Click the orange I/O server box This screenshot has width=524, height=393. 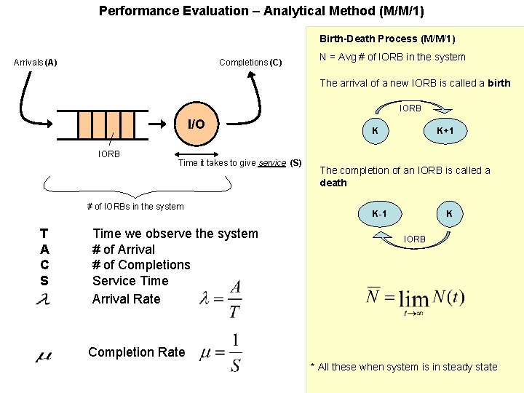[196, 124]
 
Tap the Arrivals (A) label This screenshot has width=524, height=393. [36, 62]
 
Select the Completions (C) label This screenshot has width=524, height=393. [250, 62]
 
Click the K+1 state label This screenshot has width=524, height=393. [445, 130]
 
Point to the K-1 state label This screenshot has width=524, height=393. [379, 214]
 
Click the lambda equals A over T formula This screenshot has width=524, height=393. [221, 294]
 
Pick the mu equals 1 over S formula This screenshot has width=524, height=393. [221, 352]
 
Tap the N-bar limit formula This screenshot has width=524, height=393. [416, 298]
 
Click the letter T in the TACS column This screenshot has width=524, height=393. [44, 234]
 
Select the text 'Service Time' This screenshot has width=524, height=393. [130, 281]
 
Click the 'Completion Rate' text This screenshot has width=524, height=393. [137, 352]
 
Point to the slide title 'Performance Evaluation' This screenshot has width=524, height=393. [261, 11]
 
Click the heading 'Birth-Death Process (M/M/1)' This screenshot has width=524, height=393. [387, 39]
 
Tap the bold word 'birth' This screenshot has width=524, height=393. [499, 83]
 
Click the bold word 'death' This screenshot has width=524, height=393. [333, 183]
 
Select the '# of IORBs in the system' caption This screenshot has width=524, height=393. [135, 207]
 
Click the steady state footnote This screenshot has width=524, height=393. [404, 367]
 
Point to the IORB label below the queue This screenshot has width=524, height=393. [109, 154]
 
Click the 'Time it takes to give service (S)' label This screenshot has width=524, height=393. [239, 162]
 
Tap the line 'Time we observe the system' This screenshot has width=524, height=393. [175, 234]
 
